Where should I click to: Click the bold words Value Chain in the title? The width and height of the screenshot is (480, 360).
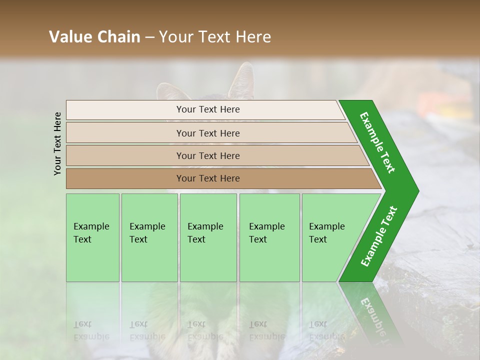[x=94, y=37]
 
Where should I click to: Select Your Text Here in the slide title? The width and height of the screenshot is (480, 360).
[x=215, y=37]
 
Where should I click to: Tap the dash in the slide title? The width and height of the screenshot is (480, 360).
[x=149, y=37]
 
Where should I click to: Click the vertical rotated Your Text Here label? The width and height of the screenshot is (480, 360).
[x=57, y=143]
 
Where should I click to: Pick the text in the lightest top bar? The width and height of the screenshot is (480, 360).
[x=208, y=109]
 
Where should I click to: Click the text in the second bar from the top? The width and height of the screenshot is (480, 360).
[x=208, y=133]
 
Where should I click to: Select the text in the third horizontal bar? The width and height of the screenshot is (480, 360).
[x=208, y=155]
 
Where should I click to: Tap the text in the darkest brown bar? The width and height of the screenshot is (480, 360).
[x=208, y=178]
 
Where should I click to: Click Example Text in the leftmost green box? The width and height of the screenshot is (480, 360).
[x=91, y=232]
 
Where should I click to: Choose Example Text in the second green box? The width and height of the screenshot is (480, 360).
[x=147, y=232]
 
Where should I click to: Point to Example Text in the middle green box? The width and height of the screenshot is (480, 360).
[x=205, y=232]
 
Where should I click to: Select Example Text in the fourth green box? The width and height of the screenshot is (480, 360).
[x=266, y=232]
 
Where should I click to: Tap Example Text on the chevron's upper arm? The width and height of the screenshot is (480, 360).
[x=377, y=143]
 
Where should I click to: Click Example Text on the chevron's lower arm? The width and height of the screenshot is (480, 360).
[x=378, y=236]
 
